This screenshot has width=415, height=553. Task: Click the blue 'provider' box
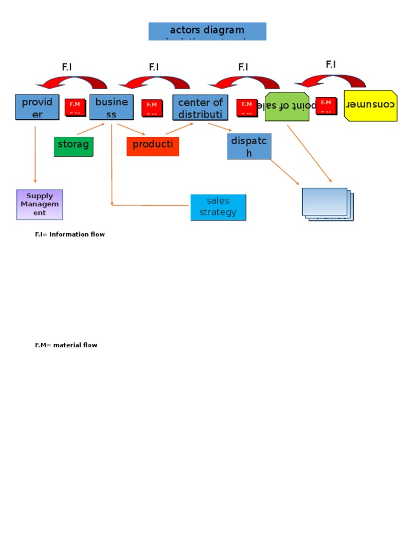click(x=37, y=107)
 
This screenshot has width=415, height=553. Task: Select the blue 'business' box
click(x=111, y=107)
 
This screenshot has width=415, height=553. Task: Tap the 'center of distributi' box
click(x=200, y=107)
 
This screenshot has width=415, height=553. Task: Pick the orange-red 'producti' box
click(x=152, y=146)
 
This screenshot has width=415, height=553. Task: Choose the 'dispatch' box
click(x=249, y=146)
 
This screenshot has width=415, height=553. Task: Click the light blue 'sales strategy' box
click(x=218, y=207)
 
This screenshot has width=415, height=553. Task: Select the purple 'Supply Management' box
click(x=39, y=205)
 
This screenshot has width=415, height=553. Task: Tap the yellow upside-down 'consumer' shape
click(x=370, y=105)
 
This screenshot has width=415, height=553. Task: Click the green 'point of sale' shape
click(x=287, y=107)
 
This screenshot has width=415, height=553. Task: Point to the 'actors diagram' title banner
click(x=207, y=31)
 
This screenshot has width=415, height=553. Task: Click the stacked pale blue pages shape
click(x=326, y=204)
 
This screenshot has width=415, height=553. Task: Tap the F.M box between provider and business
click(x=75, y=107)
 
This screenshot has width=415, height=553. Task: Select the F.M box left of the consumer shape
click(x=326, y=105)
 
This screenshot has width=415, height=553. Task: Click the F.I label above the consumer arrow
click(x=331, y=65)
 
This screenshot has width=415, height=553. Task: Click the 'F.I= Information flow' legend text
click(x=70, y=234)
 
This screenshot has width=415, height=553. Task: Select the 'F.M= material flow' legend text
click(x=66, y=345)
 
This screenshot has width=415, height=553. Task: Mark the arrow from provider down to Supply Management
click(x=35, y=154)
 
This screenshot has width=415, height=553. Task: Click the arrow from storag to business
click(x=91, y=129)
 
